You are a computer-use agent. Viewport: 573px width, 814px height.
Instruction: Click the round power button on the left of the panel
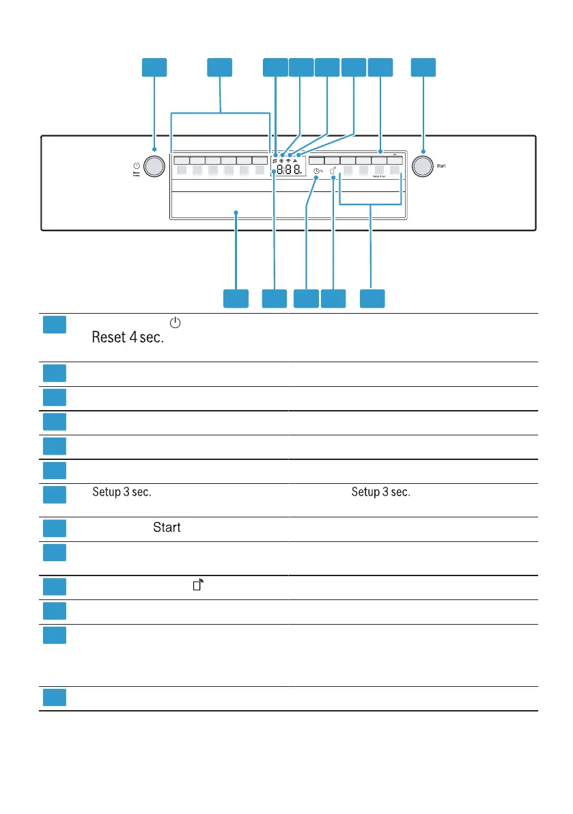[155, 166]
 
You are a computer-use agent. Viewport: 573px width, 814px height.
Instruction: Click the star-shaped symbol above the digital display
[281, 161]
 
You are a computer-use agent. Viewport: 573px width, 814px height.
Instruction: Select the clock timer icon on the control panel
[317, 179]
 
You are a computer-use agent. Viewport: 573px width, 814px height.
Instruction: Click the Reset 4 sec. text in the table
[129, 338]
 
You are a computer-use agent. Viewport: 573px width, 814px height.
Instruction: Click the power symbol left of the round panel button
[137, 166]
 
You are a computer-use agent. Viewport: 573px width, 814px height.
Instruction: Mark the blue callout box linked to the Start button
[423, 67]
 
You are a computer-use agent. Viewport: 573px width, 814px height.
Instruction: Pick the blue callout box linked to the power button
[154, 67]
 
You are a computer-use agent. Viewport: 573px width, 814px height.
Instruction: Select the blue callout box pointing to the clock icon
[306, 298]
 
